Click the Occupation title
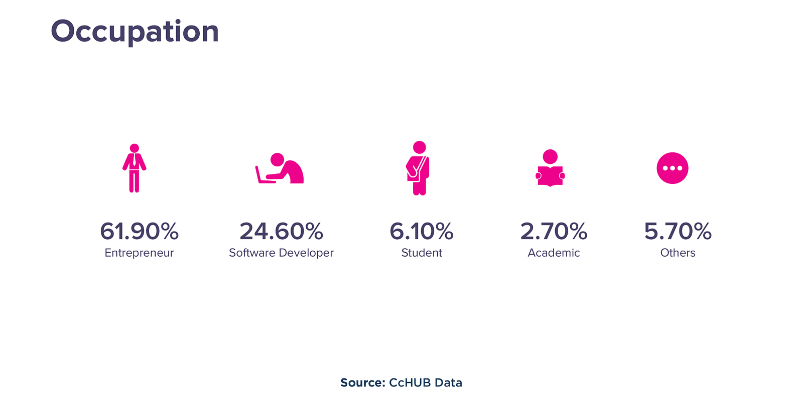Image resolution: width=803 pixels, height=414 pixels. click(x=135, y=31)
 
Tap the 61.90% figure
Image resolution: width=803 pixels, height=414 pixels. click(x=139, y=232)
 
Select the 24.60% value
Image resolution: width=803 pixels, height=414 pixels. click(x=281, y=232)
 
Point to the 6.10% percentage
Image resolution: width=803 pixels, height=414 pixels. click(x=421, y=232)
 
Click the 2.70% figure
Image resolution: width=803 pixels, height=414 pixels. click(x=554, y=232)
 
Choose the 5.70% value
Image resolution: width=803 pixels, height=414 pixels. click(x=678, y=232)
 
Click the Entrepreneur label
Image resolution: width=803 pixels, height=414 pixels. click(x=139, y=253)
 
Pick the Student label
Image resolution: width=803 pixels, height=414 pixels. click(x=422, y=253)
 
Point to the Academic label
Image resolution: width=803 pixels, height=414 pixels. click(x=554, y=253)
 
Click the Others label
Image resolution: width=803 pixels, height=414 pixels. click(x=678, y=253)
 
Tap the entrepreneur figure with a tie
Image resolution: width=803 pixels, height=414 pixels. click(x=134, y=168)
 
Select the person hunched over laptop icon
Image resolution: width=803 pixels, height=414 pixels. click(x=287, y=169)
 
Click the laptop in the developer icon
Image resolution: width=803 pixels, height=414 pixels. click(x=263, y=175)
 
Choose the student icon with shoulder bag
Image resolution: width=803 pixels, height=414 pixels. click(x=419, y=168)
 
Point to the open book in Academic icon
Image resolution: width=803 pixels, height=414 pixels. click(x=550, y=176)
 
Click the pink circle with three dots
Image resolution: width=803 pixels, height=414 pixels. click(x=673, y=168)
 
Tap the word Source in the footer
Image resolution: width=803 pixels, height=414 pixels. click(x=362, y=383)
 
